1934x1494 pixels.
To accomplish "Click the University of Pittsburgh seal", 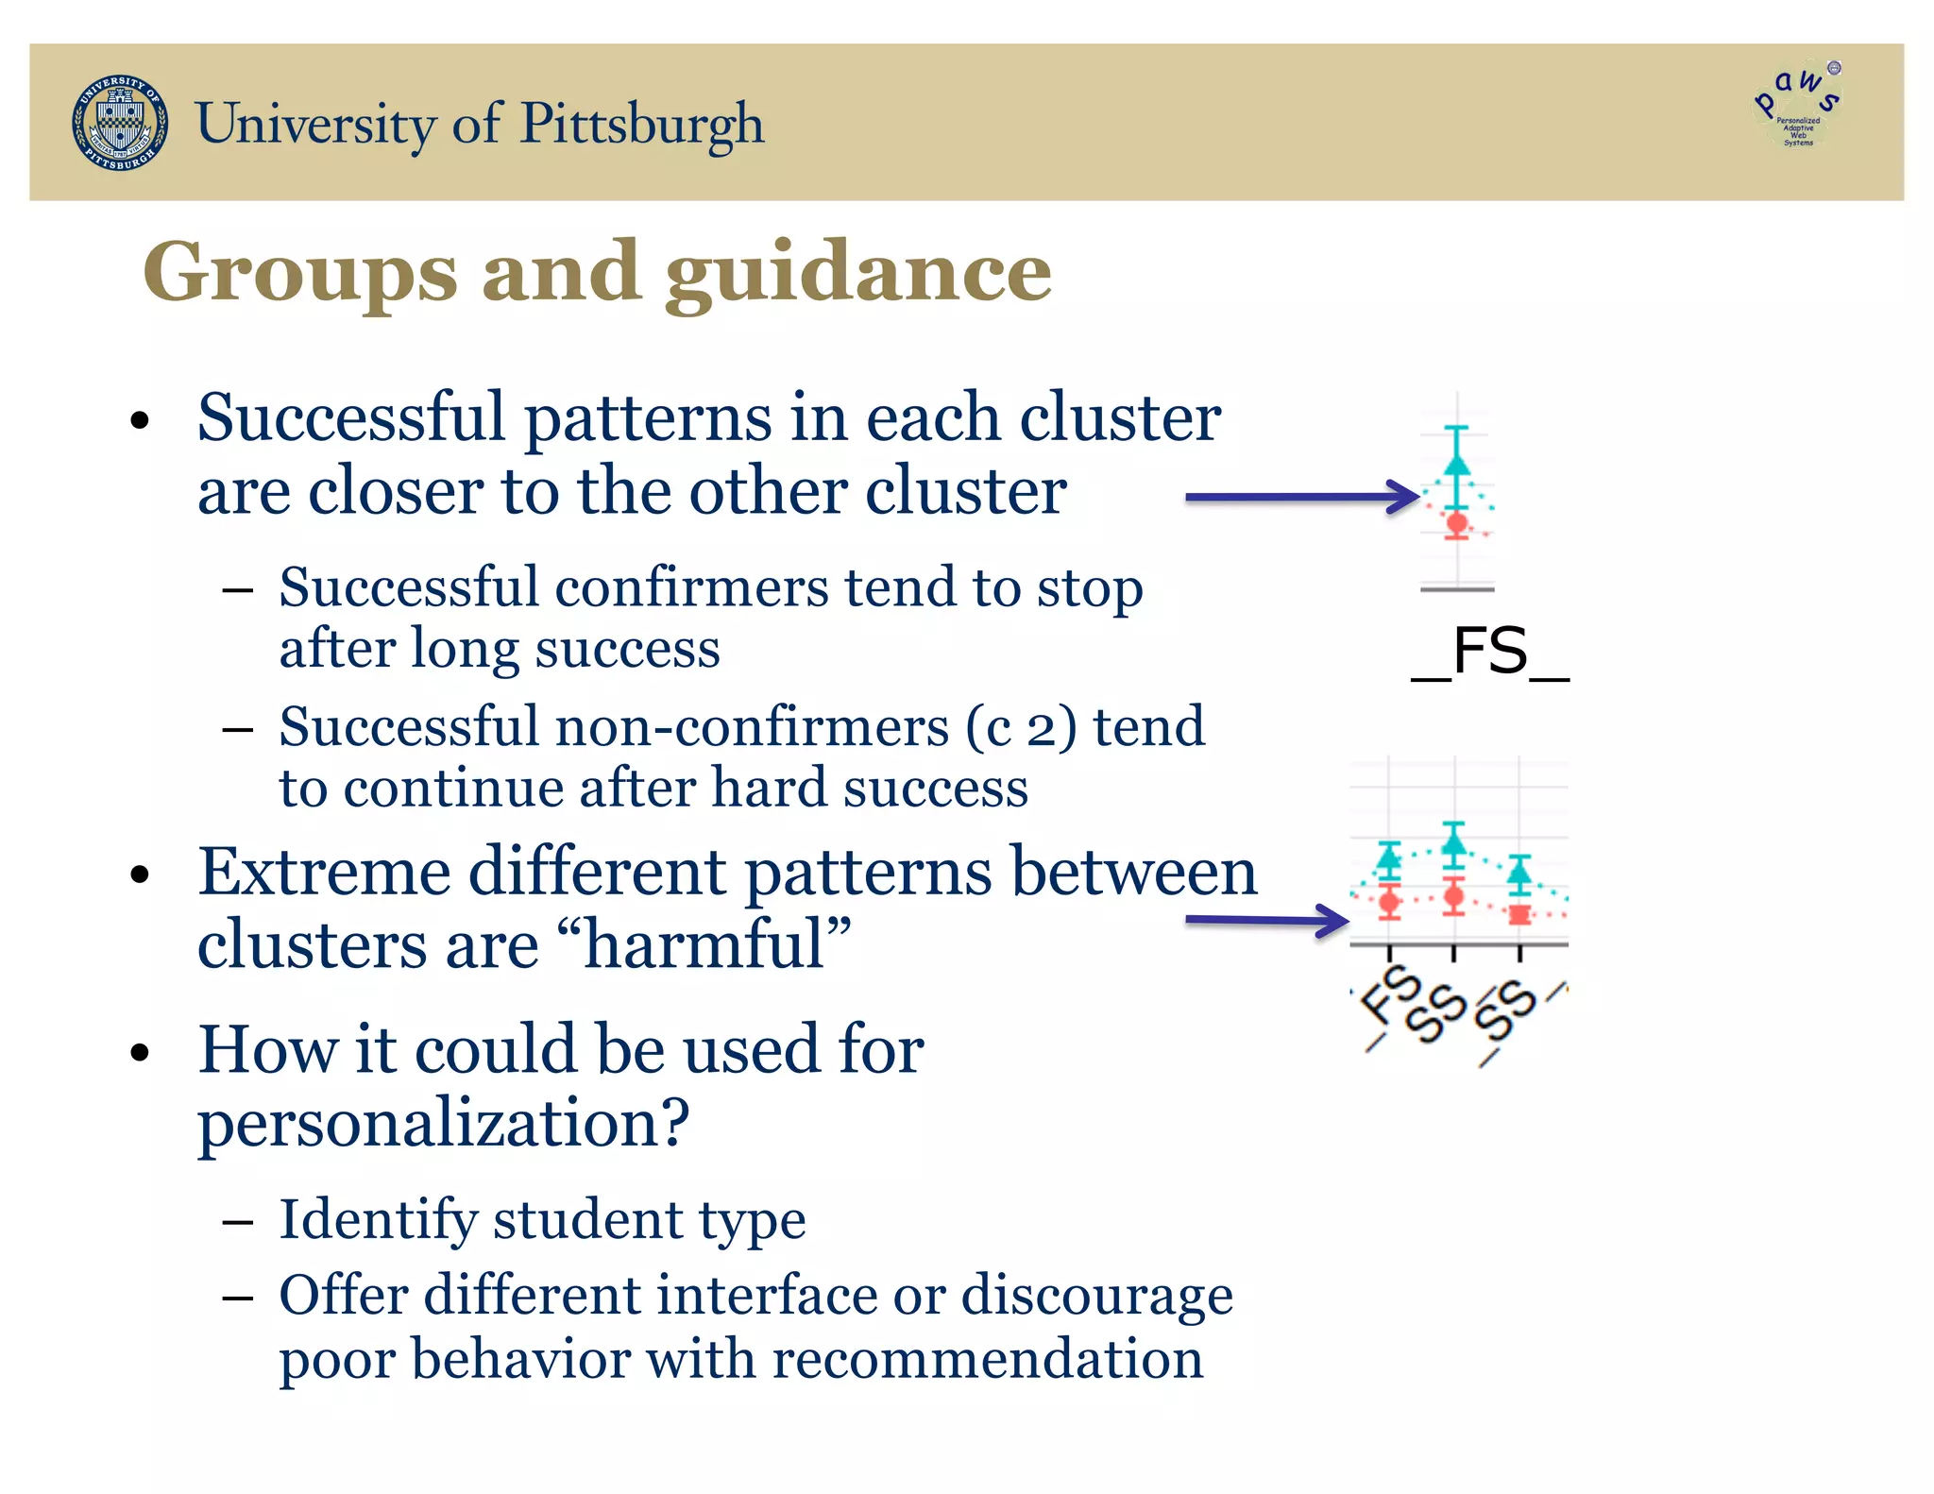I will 120,124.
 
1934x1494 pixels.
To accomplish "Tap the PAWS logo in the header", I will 1797,105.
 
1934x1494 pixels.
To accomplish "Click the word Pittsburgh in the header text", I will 641,126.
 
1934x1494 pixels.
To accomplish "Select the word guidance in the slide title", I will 857,274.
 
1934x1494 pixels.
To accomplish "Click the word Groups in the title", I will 300,274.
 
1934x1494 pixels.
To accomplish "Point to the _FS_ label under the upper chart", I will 1489,651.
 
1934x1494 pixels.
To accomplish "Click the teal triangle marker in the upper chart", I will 1457,464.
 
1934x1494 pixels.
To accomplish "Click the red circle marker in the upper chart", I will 1457,522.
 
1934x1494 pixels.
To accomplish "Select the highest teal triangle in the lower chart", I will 1454,838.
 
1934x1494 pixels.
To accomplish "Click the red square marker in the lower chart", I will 1519,914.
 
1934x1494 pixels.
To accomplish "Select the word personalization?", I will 443,1124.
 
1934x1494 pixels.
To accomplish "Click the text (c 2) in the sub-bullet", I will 1020,728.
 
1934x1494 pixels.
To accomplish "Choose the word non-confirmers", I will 752,728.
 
